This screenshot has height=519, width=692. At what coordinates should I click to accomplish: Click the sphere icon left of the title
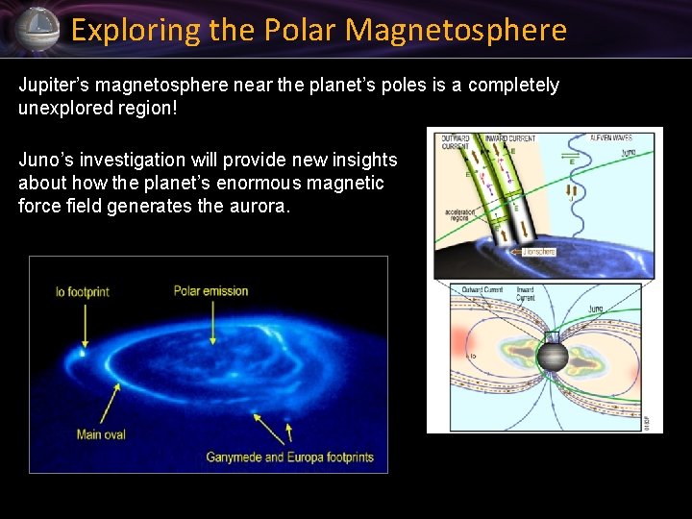37,29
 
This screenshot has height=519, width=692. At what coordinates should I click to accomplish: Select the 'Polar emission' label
210,291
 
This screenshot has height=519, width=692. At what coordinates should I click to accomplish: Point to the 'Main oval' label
101,434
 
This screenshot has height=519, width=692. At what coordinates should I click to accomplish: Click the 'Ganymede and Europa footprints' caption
289,457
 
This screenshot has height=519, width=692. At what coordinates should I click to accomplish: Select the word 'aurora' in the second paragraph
258,206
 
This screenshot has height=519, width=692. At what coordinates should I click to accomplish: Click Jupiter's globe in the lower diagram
553,357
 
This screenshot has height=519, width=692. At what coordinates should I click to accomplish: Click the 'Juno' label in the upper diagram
629,152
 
